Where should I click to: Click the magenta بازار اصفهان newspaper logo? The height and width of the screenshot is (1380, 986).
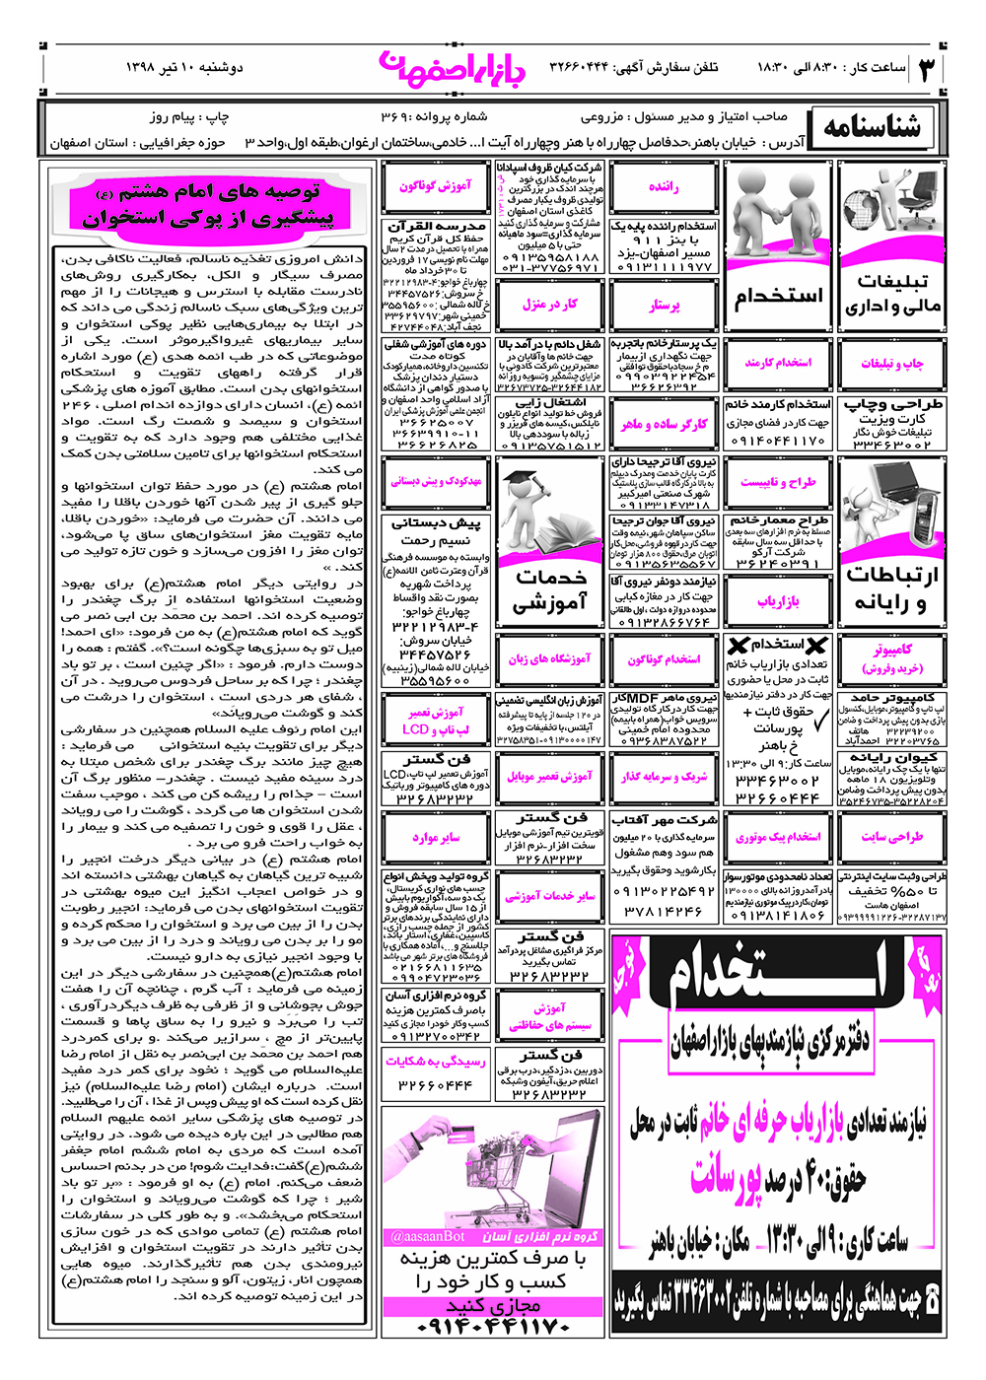tap(460, 69)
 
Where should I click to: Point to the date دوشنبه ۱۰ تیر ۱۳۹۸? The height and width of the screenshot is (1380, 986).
tap(184, 68)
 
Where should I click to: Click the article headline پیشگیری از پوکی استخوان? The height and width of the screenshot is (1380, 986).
tap(209, 219)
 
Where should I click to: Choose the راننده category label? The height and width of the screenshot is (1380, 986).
tap(664, 187)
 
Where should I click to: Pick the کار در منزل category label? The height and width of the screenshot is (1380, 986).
tap(549, 306)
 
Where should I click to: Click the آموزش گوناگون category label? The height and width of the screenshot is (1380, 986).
tap(435, 186)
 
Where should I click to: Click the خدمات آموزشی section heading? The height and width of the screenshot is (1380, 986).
tap(549, 589)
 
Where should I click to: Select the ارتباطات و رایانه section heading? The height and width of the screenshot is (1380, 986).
tap(891, 588)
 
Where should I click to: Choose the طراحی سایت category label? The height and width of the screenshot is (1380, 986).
tap(891, 837)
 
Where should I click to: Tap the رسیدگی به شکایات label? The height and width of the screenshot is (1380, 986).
tap(435, 1062)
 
